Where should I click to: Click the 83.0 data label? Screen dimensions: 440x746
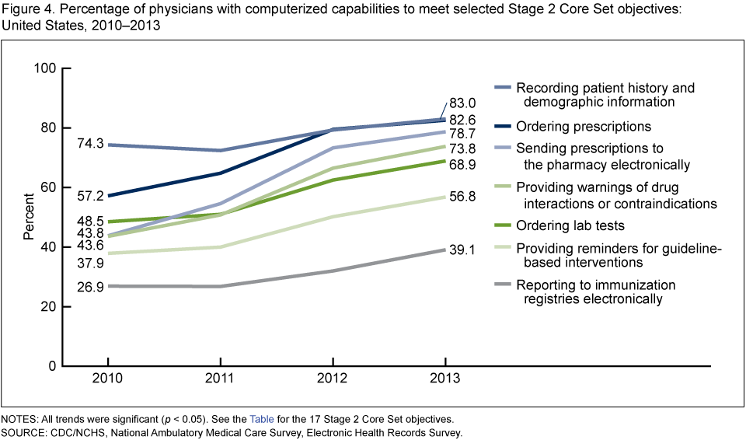[x=462, y=103]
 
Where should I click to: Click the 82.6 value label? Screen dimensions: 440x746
[x=462, y=119]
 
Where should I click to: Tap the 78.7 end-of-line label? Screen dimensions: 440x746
[x=462, y=134]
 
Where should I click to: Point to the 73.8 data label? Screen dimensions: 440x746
[x=462, y=148]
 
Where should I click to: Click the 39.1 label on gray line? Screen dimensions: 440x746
[x=462, y=250]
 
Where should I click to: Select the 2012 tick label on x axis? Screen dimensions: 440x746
[x=333, y=379]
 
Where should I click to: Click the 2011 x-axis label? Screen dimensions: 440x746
[x=220, y=379]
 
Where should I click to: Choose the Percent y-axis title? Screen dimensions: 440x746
[x=28, y=217]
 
